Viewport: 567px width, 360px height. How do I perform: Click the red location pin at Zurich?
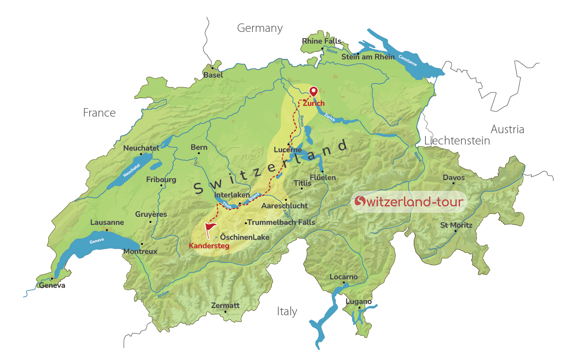[x=313, y=91]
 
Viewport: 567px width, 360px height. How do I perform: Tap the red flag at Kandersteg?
[x=210, y=229]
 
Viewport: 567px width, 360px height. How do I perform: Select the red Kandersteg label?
[x=209, y=246]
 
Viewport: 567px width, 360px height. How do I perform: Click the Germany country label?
[x=260, y=28]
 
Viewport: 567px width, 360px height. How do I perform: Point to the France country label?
[x=99, y=113]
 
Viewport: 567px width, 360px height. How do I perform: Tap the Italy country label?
[x=287, y=312]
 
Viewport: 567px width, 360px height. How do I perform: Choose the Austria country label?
[x=507, y=130]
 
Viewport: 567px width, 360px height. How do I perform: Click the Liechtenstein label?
[x=457, y=141]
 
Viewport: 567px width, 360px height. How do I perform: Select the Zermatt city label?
[x=225, y=306]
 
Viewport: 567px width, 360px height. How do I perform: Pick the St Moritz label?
[x=456, y=225]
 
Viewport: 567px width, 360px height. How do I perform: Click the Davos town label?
[x=454, y=178]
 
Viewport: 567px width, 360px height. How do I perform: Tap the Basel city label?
[x=213, y=75]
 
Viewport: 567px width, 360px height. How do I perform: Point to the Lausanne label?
[x=107, y=222]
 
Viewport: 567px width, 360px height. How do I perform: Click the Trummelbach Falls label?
[x=281, y=222]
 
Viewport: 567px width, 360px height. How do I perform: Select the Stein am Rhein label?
[x=368, y=57]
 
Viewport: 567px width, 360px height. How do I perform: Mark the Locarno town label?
[x=344, y=277]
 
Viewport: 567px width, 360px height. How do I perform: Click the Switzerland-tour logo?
[x=409, y=201]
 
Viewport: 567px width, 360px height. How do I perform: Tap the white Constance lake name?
[x=408, y=60]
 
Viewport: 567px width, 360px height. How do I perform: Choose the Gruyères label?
[x=151, y=214]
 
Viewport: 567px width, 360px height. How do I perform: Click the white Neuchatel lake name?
[x=132, y=170]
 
